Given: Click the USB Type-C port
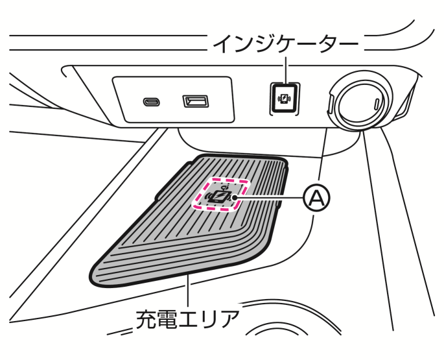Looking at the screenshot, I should pyautogui.click(x=150, y=102).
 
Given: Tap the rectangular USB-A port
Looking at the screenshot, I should pyautogui.click(x=194, y=101).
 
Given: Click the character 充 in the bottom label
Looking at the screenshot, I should pyautogui.click(x=147, y=319).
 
